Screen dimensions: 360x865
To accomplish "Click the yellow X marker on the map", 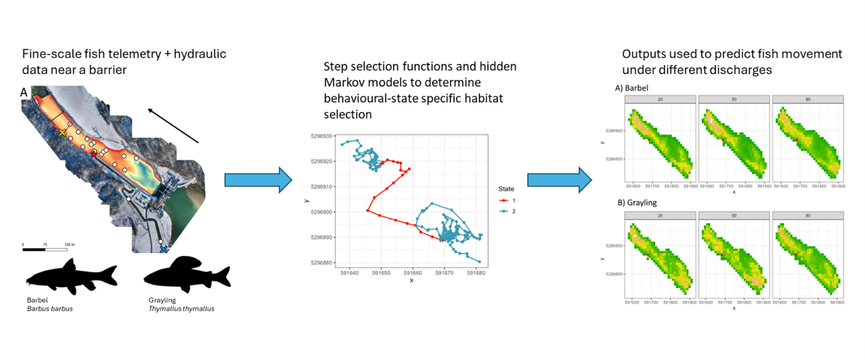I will click(63, 132).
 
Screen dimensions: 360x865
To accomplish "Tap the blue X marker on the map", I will click(164, 249).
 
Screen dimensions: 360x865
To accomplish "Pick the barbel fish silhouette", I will click(71, 275).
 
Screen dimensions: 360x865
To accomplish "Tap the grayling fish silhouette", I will click(187, 274).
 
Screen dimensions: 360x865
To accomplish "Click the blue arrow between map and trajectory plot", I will click(258, 179).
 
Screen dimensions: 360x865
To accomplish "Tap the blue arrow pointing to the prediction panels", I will click(560, 179).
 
